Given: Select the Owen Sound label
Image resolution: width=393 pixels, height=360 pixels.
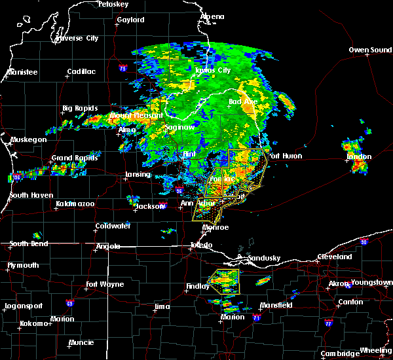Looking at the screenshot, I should click(x=369, y=50).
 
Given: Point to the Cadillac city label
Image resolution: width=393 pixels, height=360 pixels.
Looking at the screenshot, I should click(x=81, y=72).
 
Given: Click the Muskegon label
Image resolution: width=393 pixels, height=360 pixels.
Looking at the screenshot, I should click(x=29, y=139).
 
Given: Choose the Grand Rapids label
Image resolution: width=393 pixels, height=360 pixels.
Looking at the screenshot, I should click(x=71, y=158).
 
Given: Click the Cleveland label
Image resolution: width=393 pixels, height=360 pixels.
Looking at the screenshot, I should click(x=334, y=257).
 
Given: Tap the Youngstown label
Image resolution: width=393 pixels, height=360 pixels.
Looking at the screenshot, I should click(x=371, y=283).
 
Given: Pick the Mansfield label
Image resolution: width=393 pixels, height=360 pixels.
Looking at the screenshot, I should click(x=270, y=305).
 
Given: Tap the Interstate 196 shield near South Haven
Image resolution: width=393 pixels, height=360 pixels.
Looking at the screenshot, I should click(x=17, y=177).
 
